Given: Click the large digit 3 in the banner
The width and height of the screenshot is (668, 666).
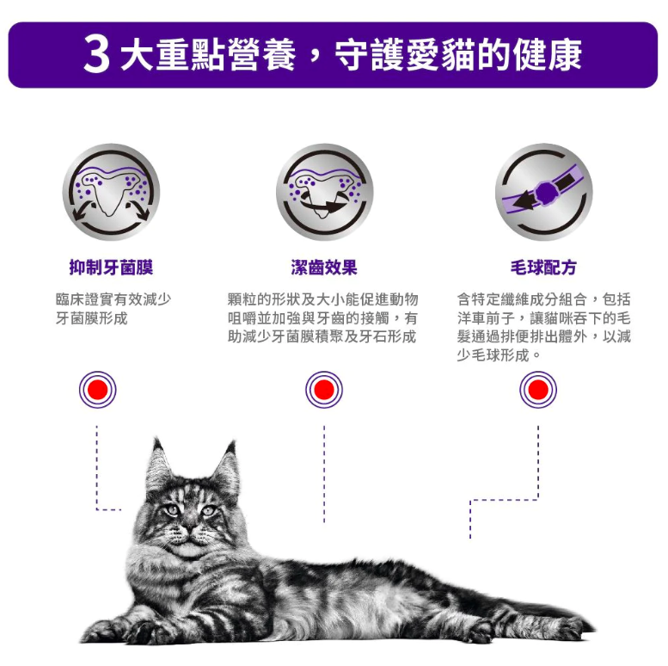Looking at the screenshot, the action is coord(97,54).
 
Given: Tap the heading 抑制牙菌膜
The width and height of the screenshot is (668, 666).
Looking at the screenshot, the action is coord(111,268).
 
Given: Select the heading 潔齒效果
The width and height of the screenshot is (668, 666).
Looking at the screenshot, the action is coord(324,268).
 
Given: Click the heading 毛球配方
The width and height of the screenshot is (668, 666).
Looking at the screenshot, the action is coord(543,268).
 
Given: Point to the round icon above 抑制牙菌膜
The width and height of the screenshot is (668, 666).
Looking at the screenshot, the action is coord(111,192).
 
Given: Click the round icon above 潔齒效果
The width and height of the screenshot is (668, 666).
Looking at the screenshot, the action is coord(325,192).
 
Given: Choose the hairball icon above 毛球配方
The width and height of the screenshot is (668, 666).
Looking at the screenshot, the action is coord(544,192).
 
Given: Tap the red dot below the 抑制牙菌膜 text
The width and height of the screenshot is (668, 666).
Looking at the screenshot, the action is coord(97,390).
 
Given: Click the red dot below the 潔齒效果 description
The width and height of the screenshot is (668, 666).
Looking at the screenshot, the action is coord(324,390).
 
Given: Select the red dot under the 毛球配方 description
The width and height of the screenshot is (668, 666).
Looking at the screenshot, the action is coord(538,390).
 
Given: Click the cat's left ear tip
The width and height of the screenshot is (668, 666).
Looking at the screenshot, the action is coord(156,439).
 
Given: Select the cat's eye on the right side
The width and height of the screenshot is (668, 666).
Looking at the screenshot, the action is coord(208,510).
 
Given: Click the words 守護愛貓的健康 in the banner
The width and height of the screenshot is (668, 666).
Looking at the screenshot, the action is coord(458,55).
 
